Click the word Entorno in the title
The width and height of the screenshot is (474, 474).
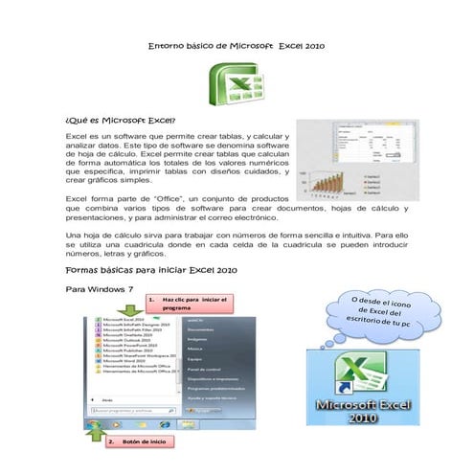click(x=173, y=45)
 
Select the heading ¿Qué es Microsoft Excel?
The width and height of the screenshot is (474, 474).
click(x=119, y=122)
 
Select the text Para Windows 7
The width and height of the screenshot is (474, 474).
click(x=97, y=288)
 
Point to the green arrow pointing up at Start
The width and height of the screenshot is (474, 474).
click(x=97, y=437)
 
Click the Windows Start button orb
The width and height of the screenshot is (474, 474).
click(x=96, y=421)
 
